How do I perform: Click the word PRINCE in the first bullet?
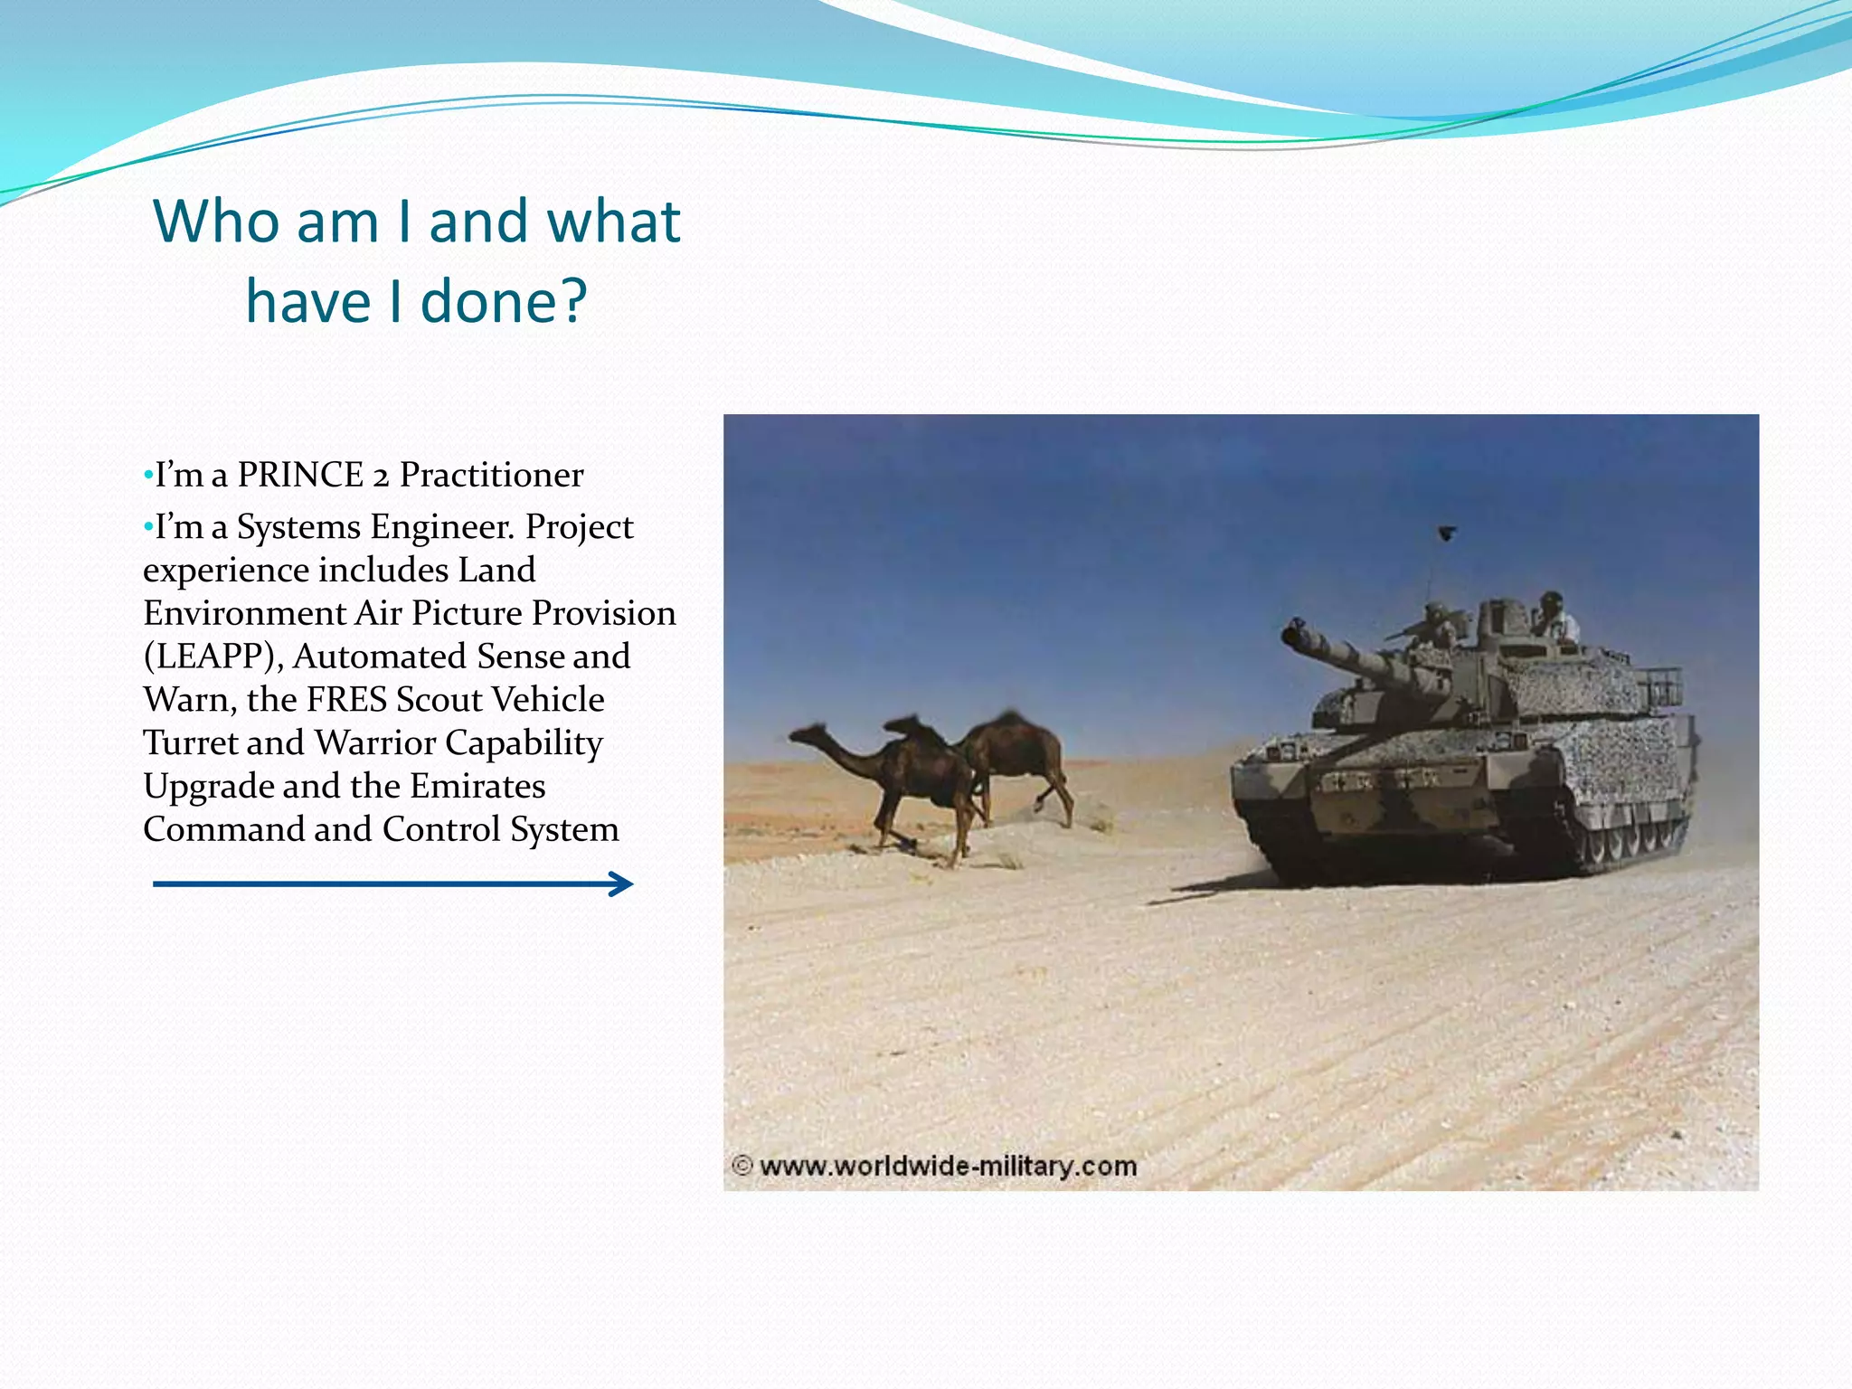pyautogui.click(x=299, y=476)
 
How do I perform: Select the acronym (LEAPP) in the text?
pyautogui.click(x=213, y=657)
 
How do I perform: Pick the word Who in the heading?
pyautogui.click(x=217, y=222)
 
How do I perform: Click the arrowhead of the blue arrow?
pyautogui.click(x=622, y=883)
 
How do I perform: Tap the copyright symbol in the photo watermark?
pyautogui.click(x=742, y=1166)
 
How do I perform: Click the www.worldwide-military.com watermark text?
pyautogui.click(x=948, y=1166)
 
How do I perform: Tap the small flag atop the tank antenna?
pyautogui.click(x=1447, y=533)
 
